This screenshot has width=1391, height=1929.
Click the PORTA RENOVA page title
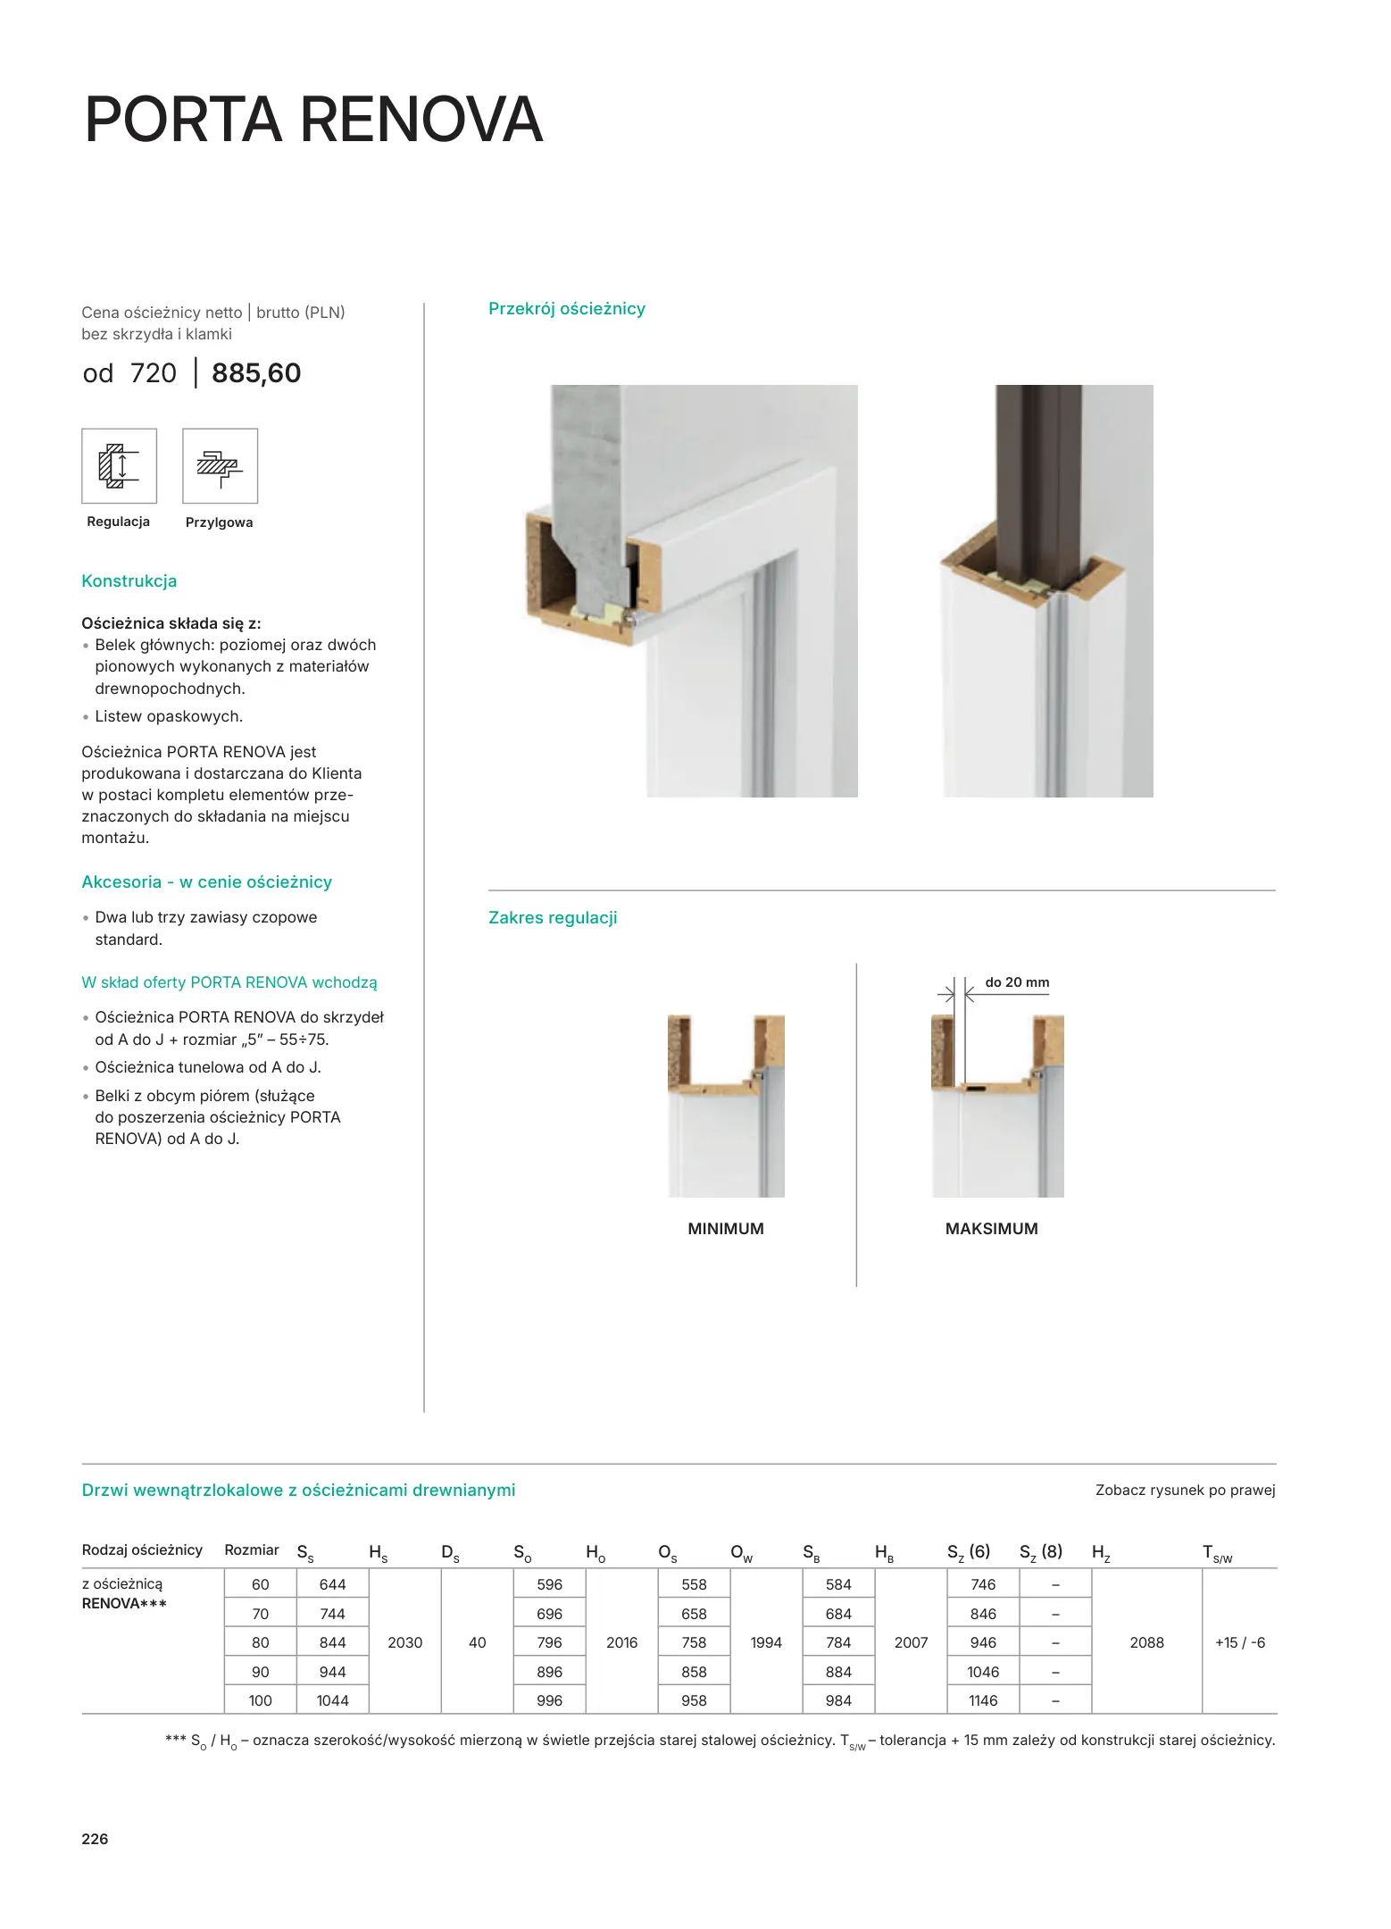point(313,120)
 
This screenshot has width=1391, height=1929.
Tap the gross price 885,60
point(256,373)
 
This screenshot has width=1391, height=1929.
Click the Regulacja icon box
point(119,466)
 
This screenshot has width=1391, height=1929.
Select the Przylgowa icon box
point(220,466)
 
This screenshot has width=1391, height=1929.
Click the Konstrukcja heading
point(129,581)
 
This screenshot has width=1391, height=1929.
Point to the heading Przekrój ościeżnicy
point(566,309)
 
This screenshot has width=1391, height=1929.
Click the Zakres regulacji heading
point(553,918)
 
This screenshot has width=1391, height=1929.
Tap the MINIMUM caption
point(726,1229)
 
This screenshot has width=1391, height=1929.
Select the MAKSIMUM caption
point(991,1229)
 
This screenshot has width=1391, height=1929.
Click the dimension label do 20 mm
point(1017,982)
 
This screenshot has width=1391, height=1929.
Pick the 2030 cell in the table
point(404,1642)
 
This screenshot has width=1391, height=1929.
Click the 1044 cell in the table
point(332,1700)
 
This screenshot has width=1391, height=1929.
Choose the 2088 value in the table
point(1146,1642)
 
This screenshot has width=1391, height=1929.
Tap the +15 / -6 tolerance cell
point(1239,1642)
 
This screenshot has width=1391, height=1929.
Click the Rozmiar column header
point(252,1550)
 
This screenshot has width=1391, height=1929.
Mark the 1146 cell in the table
point(983,1700)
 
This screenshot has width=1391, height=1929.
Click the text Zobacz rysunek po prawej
point(1185,1491)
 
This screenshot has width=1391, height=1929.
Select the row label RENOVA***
point(124,1604)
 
